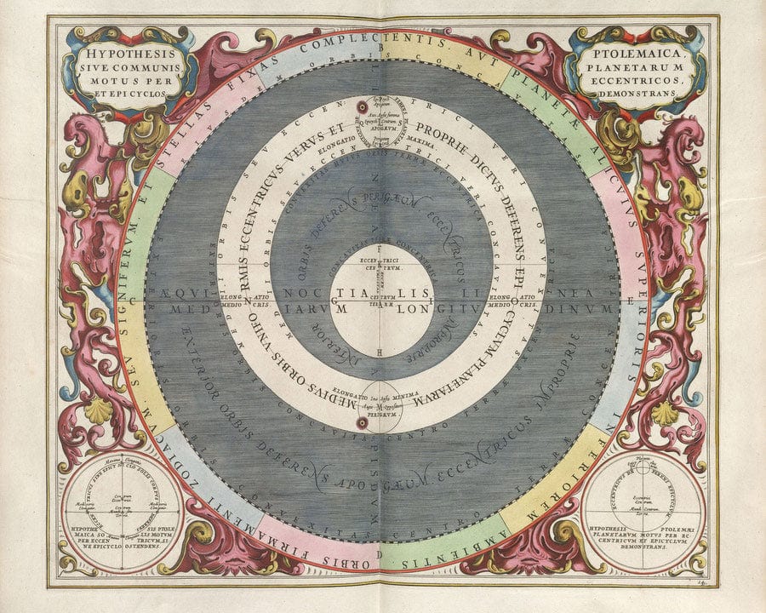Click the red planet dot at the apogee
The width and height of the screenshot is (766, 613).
click(361, 107)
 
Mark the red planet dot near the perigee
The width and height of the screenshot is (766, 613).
click(363, 422)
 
